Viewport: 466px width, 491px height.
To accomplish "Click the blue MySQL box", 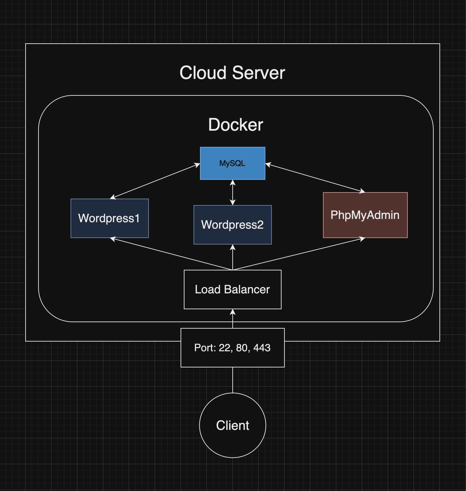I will [232, 163].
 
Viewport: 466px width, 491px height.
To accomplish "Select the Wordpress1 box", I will [109, 218].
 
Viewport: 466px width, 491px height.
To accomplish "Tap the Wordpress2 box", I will [232, 225].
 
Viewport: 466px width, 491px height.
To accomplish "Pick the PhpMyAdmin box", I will [365, 215].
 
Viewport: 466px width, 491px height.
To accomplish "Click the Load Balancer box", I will [232, 289].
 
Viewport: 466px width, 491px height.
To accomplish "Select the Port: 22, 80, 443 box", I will [232, 348].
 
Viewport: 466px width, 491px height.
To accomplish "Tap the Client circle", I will [232, 425].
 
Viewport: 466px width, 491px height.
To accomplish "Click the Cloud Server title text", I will [232, 73].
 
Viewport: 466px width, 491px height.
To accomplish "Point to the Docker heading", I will [236, 125].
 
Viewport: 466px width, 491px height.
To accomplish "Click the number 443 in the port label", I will [262, 348].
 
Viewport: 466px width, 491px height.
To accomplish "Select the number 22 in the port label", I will [225, 348].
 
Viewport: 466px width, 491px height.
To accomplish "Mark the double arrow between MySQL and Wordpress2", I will [232, 192].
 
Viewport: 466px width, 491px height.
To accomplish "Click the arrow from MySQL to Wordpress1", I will [155, 181].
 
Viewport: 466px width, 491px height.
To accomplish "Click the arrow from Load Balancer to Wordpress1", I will [172, 254].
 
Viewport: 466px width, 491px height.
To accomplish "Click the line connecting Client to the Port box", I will [232, 380].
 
